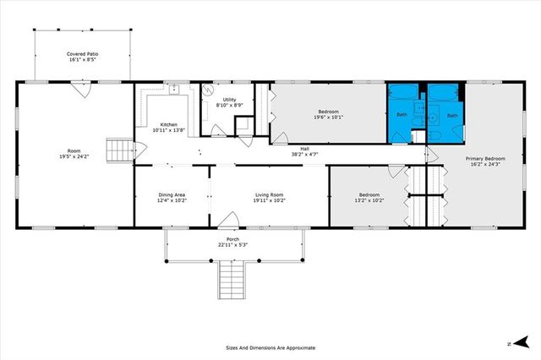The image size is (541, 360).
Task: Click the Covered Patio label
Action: [82, 55]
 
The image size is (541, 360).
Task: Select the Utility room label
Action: [229, 100]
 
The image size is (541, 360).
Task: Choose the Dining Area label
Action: [172, 195]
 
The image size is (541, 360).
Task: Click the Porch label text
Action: [232, 239]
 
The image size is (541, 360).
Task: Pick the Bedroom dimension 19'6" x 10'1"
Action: [328, 117]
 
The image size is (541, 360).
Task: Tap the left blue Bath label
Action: [402, 114]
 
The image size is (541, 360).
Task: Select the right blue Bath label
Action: [452, 115]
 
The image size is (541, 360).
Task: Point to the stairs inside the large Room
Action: [120, 152]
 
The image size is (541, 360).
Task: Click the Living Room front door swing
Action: [227, 221]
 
